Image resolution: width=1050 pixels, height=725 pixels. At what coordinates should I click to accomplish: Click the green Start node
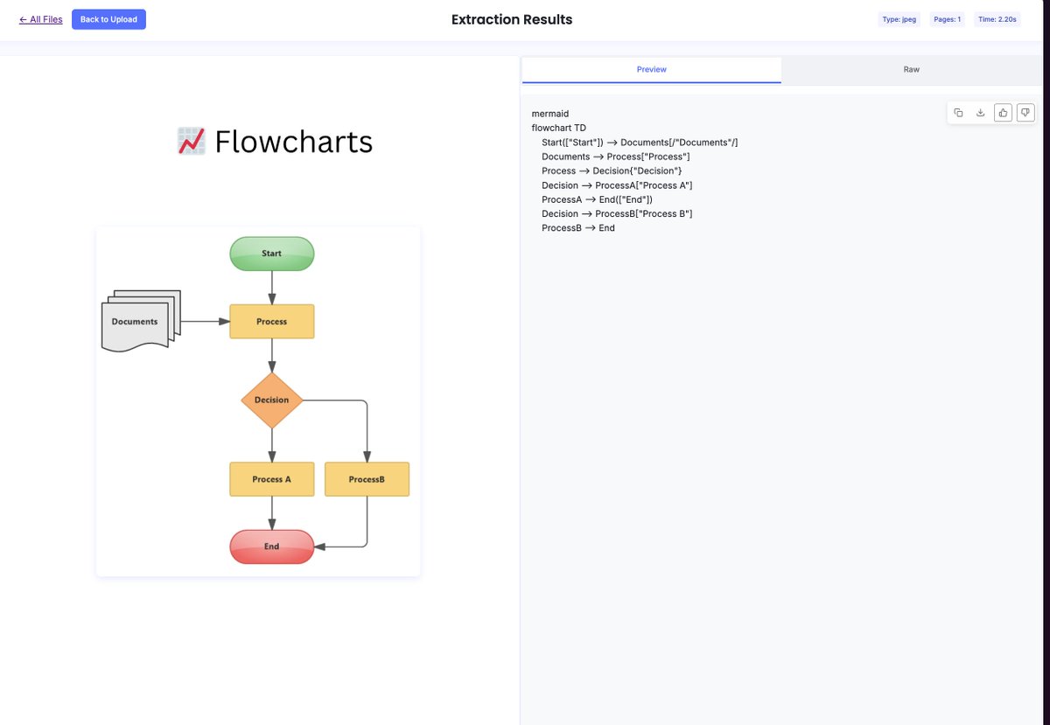pos(272,254)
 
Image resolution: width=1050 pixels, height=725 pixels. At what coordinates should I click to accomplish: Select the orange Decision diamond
pos(272,401)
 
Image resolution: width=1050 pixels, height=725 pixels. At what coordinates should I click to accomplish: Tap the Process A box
pos(272,479)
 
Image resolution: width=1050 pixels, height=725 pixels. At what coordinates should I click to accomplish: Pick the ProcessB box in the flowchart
pos(367,479)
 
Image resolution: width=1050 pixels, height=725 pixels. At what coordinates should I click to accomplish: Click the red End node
pos(272,547)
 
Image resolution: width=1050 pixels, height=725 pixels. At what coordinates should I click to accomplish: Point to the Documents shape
pos(141,321)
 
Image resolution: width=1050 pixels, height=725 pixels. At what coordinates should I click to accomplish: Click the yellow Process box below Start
pos(272,322)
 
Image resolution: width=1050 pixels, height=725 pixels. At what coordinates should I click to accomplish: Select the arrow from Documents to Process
pos(206,322)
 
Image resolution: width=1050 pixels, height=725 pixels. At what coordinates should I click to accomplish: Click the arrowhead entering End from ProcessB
pos(319,547)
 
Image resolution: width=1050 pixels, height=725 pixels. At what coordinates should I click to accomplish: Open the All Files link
pos(41,19)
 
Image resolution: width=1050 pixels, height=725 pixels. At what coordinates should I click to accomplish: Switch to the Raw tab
pos(911,69)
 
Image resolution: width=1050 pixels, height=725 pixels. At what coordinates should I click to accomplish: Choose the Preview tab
pos(652,69)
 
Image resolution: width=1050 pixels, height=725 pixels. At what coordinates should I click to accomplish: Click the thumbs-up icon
pos(1003,113)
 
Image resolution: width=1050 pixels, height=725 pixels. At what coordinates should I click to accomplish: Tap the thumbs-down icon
pos(1025,113)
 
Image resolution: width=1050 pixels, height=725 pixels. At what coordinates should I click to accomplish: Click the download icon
pos(980,113)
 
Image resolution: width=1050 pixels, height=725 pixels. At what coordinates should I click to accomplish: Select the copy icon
pos(958,113)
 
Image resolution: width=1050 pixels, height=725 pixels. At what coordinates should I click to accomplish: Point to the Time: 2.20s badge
pos(997,19)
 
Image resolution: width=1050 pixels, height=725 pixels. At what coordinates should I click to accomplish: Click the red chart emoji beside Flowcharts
pos(192,141)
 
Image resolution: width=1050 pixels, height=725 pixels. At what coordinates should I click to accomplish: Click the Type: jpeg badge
pos(899,19)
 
